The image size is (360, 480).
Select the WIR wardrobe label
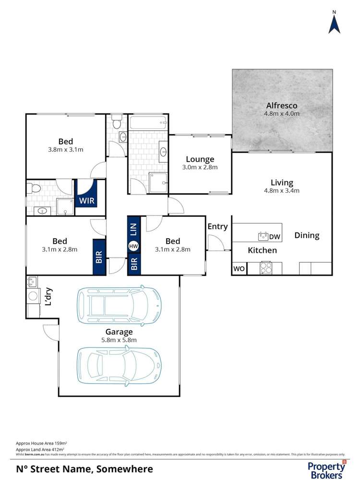86,199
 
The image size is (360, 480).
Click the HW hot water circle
133,246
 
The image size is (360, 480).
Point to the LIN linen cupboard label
133,230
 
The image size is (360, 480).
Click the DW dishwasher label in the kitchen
275,236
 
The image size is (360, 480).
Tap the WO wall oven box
239,269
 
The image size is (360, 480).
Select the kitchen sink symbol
263,236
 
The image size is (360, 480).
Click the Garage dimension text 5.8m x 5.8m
119,340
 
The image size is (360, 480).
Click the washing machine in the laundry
33,296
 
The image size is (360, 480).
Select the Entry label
217,226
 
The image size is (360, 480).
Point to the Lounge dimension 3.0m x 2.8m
200,168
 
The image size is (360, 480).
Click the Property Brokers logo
326,469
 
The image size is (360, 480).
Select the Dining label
307,235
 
